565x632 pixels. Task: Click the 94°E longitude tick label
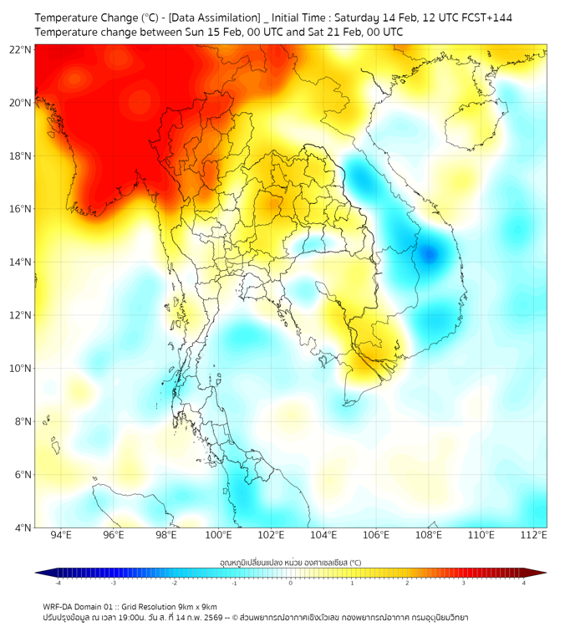tap(61, 535)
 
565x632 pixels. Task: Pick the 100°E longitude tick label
tap(218, 535)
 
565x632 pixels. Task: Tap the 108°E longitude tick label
tap(429, 535)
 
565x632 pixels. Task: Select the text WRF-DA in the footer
tap(59, 606)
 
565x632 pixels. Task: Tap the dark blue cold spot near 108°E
tap(430, 254)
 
